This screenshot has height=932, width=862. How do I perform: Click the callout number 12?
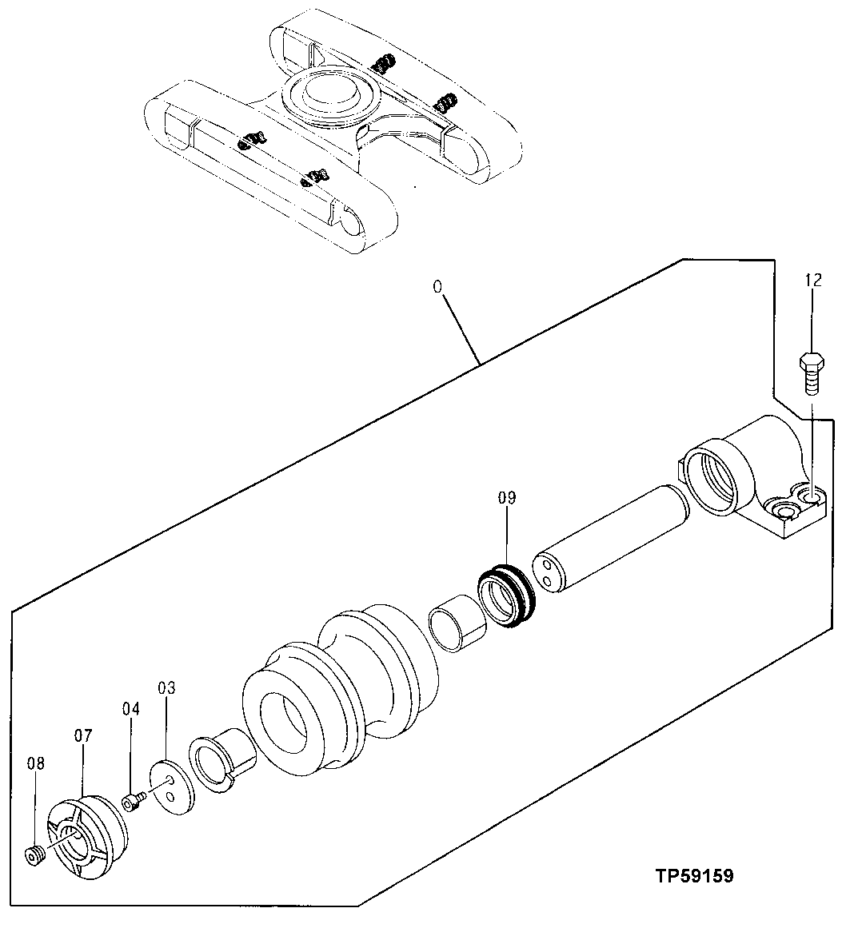tap(812, 280)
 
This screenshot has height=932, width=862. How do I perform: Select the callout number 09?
tap(507, 498)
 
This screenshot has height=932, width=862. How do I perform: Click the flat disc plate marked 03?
tap(172, 788)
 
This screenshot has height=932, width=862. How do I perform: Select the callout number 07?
tap(84, 735)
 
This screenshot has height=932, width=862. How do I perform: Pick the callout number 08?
tap(35, 763)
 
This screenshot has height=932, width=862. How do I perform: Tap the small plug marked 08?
tap(34, 855)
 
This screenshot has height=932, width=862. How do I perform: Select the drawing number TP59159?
tap(692, 876)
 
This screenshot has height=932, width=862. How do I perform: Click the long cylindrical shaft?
tap(612, 541)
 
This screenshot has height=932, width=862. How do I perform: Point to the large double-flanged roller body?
tap(340, 687)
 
